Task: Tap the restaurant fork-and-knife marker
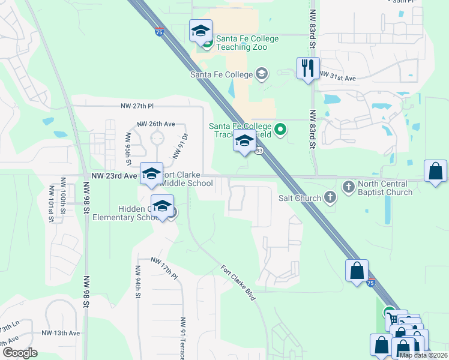pos(309,68)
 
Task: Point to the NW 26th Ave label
pos(155,124)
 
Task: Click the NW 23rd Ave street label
pos(115,176)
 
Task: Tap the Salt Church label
pos(300,197)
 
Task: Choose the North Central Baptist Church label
pos(385,188)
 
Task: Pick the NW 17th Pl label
pos(164,268)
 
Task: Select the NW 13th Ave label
pos(61,333)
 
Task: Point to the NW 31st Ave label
pos(338,78)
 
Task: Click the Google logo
pos(19,353)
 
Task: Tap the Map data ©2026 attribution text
pos(423,355)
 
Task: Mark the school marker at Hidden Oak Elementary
pos(162,206)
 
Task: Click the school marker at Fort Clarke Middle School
pos(151,173)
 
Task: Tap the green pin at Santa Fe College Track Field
pos(280,128)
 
